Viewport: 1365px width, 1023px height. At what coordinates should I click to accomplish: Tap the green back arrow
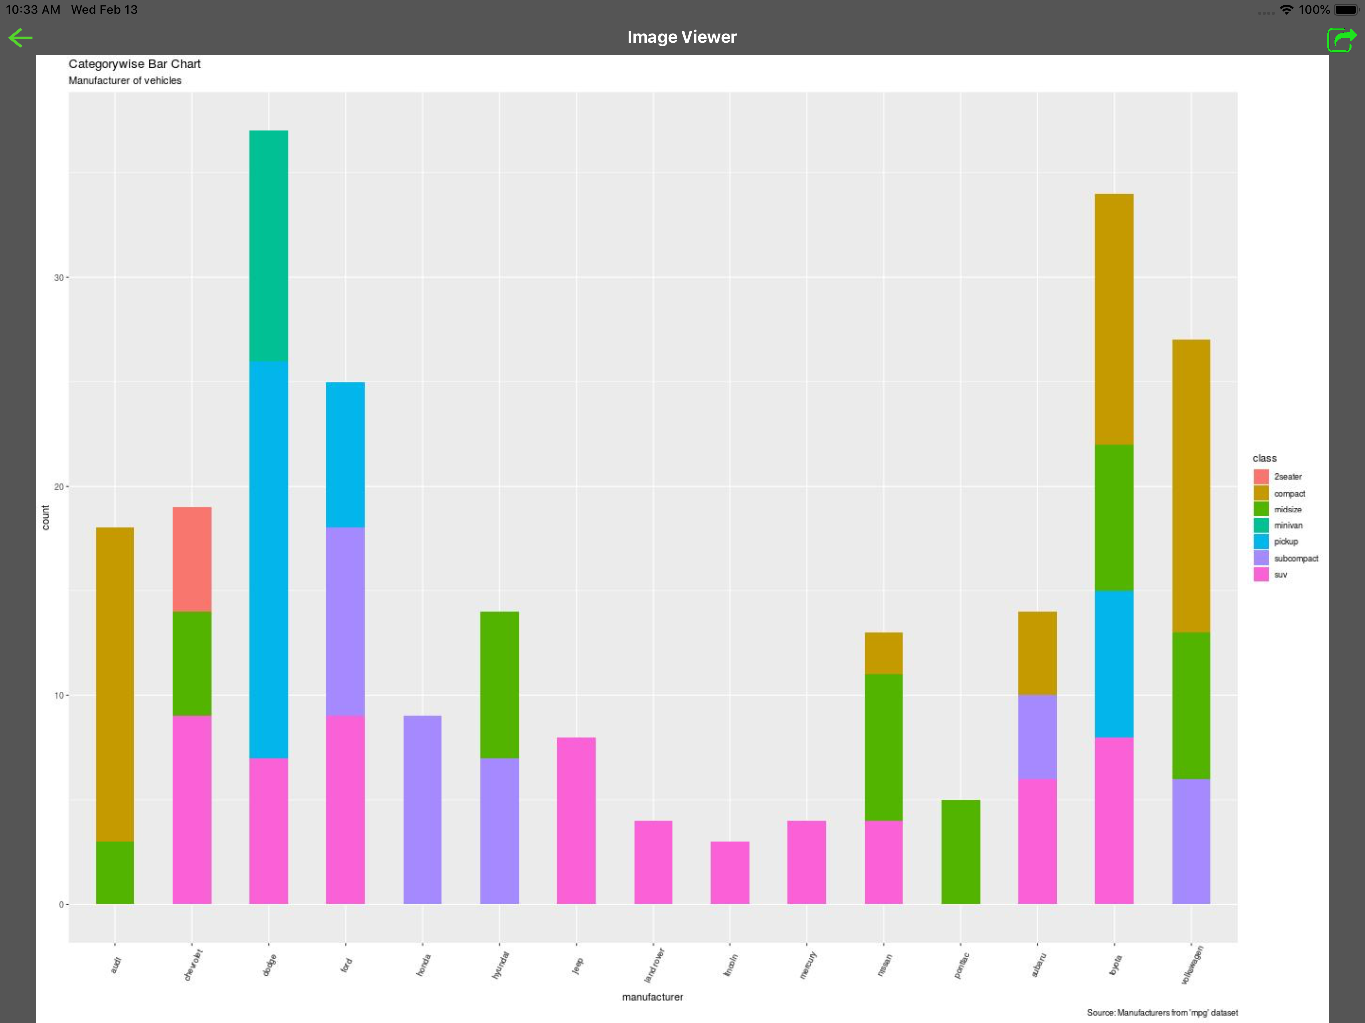[20, 38]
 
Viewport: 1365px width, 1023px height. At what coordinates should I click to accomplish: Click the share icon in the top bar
[1341, 40]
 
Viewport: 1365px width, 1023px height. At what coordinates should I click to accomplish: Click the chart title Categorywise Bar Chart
[134, 64]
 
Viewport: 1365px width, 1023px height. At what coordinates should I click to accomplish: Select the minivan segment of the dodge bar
[268, 246]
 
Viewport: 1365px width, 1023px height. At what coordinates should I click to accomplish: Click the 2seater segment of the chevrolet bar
[192, 559]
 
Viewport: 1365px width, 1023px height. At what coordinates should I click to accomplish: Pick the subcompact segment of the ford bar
[345, 621]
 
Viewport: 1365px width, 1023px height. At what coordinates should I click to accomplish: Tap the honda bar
[422, 810]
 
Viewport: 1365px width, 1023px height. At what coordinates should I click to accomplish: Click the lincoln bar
[730, 873]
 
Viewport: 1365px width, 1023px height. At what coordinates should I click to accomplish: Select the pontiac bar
[960, 852]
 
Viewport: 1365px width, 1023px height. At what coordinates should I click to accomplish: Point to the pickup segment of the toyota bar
[1114, 664]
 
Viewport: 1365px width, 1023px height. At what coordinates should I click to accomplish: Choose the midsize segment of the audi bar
[115, 873]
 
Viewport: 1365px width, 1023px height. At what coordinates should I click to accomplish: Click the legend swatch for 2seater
[1261, 477]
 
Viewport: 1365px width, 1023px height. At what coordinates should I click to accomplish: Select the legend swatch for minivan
[1261, 525]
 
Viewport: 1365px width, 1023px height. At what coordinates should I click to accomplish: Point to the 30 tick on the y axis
[58, 278]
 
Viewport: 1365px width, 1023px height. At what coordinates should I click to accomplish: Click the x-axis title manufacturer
[652, 997]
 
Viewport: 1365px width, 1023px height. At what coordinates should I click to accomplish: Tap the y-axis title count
[45, 517]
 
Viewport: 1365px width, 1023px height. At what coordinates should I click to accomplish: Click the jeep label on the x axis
[577, 965]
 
